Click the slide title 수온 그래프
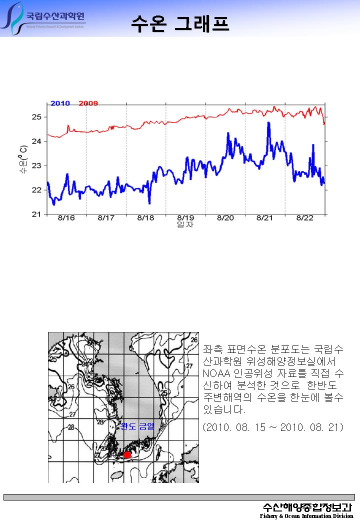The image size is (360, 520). [180, 22]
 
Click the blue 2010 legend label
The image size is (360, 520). [60, 103]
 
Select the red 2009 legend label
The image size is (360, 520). [88, 103]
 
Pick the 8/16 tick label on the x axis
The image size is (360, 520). [66, 218]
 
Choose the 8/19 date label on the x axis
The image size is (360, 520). [185, 218]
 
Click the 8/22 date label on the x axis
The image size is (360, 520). [305, 218]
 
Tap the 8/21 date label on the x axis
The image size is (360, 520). [265, 218]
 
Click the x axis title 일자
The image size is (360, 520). [185, 225]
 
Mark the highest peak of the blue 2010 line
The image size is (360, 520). [268, 122]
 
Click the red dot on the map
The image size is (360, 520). [127, 454]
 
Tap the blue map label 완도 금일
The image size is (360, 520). [137, 426]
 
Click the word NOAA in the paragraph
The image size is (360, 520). [215, 374]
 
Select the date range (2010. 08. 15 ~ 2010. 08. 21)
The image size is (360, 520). [272, 428]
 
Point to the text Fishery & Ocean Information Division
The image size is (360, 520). [306, 516]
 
